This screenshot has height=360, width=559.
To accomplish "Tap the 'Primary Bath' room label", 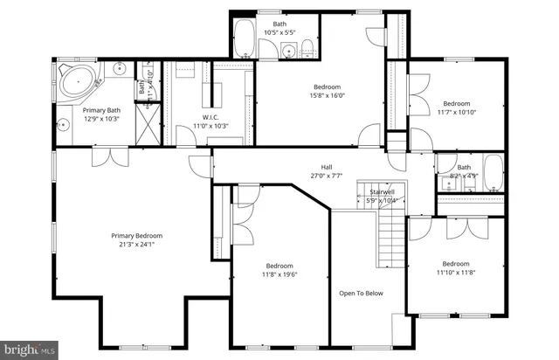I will coord(100,110).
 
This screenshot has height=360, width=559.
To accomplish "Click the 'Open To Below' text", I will coord(361,293).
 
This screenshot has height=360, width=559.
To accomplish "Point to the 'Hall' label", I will coord(326,167).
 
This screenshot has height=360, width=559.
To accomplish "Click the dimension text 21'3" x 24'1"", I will coord(136,245).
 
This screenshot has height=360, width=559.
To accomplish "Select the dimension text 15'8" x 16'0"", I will coord(328,96).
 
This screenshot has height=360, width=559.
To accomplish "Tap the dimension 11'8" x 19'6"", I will coord(279,274).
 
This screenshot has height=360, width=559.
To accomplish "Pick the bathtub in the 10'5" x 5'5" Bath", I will coord(245,39).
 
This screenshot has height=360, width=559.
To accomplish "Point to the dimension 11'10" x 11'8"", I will coord(455,273).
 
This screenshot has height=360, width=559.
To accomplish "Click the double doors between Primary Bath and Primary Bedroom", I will coord(111,155).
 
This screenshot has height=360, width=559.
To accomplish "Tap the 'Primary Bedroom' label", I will coord(136,235).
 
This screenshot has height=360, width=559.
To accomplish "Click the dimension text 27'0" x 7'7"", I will coord(326,176).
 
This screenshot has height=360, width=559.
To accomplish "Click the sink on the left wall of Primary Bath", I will coord(63,123).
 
